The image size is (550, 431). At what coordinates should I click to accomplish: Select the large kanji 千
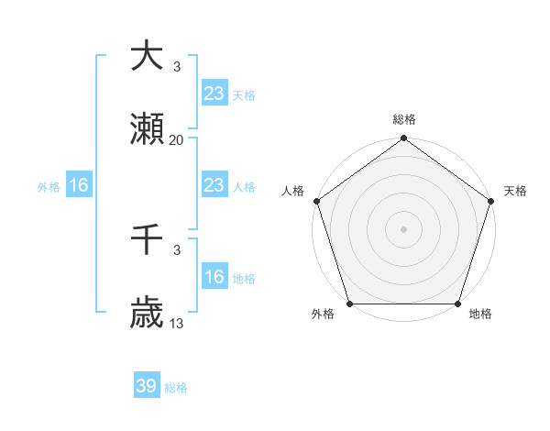pos(147,239)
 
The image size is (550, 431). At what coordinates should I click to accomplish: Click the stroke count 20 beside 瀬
pos(177,140)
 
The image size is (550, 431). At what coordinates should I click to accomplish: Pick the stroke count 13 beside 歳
pos(177,324)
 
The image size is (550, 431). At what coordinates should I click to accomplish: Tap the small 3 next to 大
pos(177,66)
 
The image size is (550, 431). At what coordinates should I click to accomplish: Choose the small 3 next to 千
pos(177,249)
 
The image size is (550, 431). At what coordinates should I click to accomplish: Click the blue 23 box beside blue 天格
pos(214,94)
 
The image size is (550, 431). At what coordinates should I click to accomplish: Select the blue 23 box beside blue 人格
pos(214,185)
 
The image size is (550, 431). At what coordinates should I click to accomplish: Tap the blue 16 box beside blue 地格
pos(214,277)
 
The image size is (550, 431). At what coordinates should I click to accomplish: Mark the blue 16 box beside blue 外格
pos(79,185)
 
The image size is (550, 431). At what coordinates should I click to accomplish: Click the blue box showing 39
pos(147,386)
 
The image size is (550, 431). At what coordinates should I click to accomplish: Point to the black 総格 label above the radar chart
pos(404,119)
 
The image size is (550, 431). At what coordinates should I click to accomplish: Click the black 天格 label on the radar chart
pos(516,191)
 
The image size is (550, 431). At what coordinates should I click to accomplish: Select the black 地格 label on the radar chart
pos(480,315)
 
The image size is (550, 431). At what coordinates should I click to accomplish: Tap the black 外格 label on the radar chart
pos(323,315)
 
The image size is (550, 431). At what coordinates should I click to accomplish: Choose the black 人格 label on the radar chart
pos(292,191)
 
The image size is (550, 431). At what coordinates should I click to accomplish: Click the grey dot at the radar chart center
pos(403,228)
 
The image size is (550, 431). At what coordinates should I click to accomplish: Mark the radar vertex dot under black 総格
pos(403,139)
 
